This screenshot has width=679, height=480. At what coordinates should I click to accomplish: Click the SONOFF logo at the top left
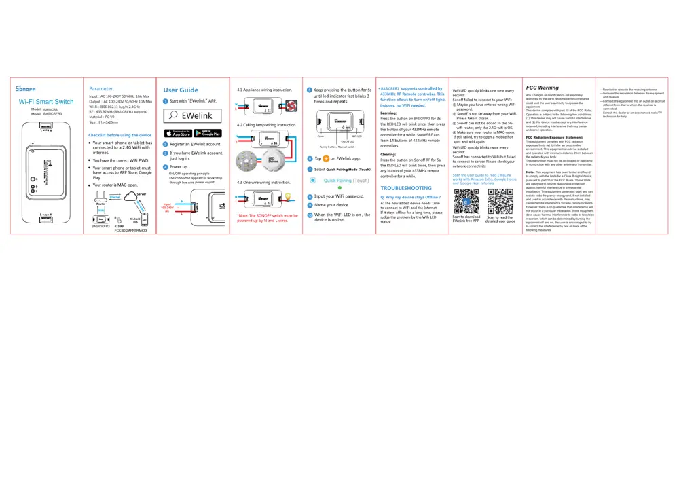tap(26, 89)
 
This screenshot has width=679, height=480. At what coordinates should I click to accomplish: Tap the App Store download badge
tap(178, 132)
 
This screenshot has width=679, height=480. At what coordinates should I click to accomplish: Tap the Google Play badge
tap(207, 132)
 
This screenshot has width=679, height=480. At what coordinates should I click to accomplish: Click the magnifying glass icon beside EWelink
tap(175, 115)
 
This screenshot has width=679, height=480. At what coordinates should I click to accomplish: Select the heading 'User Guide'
tap(181, 90)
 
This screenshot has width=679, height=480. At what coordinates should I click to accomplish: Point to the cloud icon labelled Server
tap(140, 195)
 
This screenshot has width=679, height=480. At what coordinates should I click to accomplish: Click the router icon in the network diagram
tap(101, 195)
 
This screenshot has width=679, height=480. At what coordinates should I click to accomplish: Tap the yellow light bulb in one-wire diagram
tap(287, 196)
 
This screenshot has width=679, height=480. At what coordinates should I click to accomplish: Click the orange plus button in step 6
tap(326, 158)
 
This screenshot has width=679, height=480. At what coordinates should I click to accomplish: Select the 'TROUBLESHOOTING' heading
tap(406, 188)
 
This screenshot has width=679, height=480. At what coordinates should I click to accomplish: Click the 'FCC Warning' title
tap(543, 88)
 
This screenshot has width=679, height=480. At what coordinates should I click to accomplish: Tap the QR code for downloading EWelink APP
tap(466, 202)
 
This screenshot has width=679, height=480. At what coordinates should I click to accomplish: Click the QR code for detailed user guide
tap(499, 202)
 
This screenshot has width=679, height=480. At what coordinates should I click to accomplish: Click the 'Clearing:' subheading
tap(388, 154)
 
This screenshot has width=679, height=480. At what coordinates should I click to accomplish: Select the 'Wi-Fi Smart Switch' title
tap(46, 101)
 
